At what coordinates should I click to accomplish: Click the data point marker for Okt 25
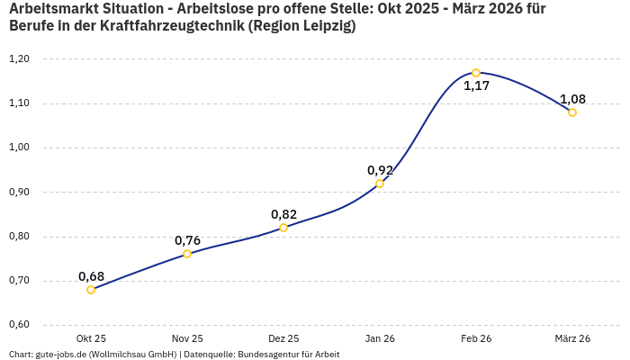coord(91,290)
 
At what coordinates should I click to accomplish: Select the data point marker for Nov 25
coord(187,254)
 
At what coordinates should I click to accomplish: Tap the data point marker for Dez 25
coord(283,228)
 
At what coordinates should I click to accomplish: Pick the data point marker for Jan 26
coord(380,184)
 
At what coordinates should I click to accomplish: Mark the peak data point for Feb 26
coord(476,73)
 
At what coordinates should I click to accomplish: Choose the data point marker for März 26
coord(572,112)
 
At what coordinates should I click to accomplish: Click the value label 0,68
coord(91,275)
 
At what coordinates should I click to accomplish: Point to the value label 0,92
coord(380,169)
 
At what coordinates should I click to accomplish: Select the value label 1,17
coord(476,86)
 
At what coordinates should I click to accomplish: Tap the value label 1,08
coord(572,98)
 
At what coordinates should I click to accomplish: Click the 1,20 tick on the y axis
coord(19,59)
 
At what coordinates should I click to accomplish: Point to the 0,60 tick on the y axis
coord(19,325)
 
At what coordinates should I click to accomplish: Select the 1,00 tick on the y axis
coord(19,148)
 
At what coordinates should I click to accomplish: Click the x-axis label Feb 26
coord(476,338)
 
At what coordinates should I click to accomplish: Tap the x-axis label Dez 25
coord(283,338)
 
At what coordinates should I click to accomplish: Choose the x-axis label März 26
coord(572,338)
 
